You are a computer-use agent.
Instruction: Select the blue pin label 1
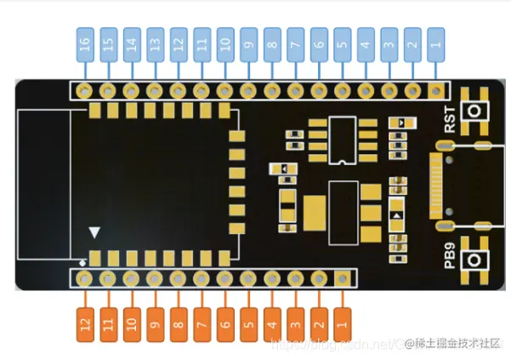coord(435,40)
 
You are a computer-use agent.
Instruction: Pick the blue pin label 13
coord(155,40)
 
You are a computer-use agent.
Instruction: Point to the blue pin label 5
coord(342,40)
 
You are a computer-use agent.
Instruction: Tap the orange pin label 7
coord(202,324)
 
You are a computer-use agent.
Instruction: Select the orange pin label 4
coord(272,324)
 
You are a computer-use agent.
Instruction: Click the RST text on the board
coord(449,118)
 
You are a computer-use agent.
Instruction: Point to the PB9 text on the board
coord(449,256)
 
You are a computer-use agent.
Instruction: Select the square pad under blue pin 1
coord(435,89)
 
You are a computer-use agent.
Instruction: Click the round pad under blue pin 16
coord(85,90)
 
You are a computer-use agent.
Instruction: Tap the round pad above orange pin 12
coord(85,277)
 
